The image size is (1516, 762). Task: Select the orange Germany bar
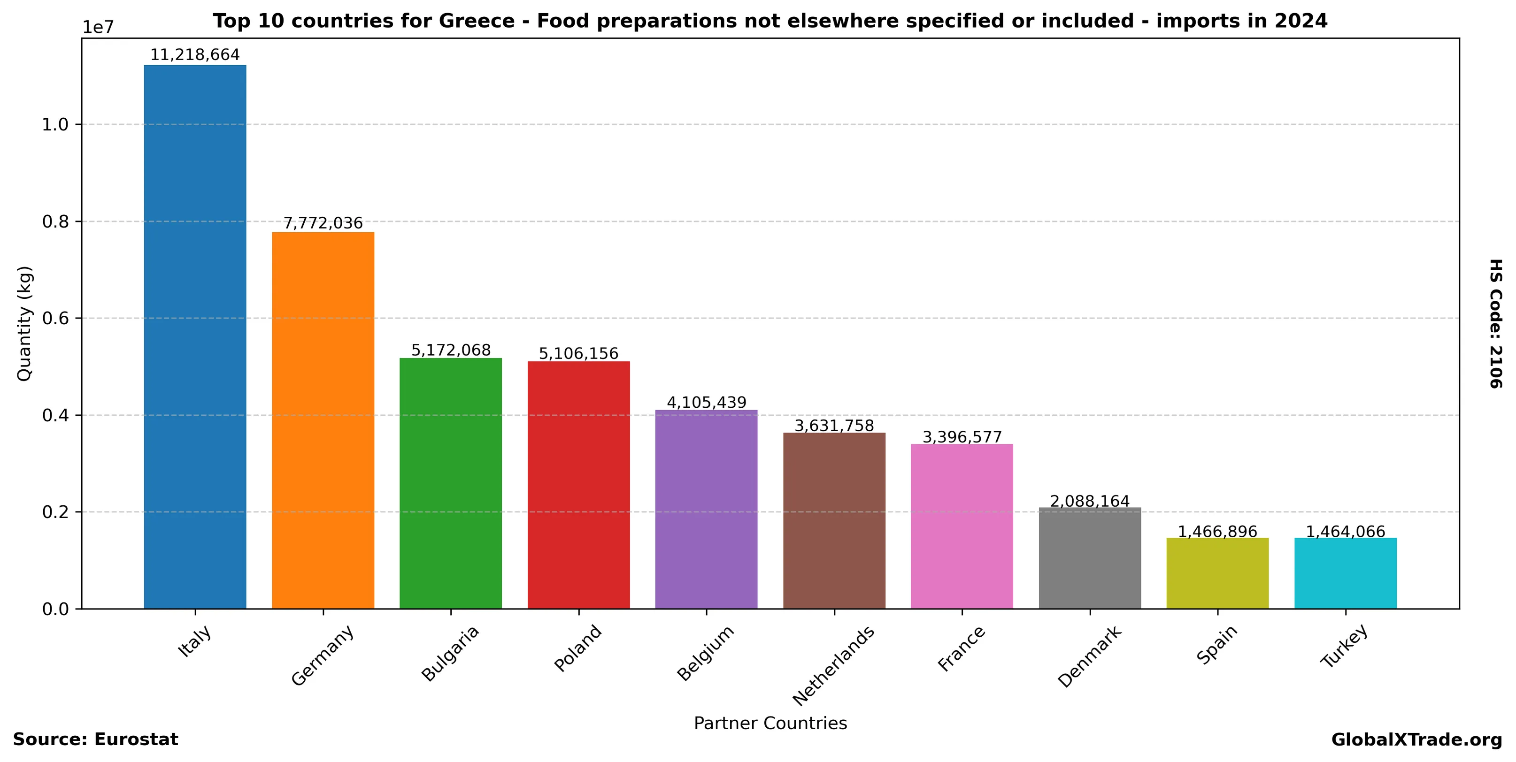click(x=323, y=420)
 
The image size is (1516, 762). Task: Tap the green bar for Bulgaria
click(x=450, y=483)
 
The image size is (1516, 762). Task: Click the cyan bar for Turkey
click(x=1345, y=573)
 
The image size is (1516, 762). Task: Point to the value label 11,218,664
click(x=195, y=55)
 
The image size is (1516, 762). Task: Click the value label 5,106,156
click(x=578, y=353)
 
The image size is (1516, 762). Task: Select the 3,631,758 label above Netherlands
click(x=834, y=425)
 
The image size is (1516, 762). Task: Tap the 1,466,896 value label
click(x=1217, y=532)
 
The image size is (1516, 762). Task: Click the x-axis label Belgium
click(x=706, y=653)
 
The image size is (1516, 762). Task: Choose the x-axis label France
click(x=961, y=648)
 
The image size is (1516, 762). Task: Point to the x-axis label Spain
click(x=1217, y=645)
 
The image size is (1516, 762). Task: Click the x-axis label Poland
click(x=578, y=648)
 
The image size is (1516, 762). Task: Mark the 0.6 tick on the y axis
click(x=55, y=319)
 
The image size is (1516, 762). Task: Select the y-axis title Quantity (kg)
click(x=24, y=323)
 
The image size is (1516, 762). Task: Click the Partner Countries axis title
click(x=770, y=723)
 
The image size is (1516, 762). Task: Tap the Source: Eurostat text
click(x=95, y=739)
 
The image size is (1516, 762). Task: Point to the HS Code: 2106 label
click(x=1495, y=323)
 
